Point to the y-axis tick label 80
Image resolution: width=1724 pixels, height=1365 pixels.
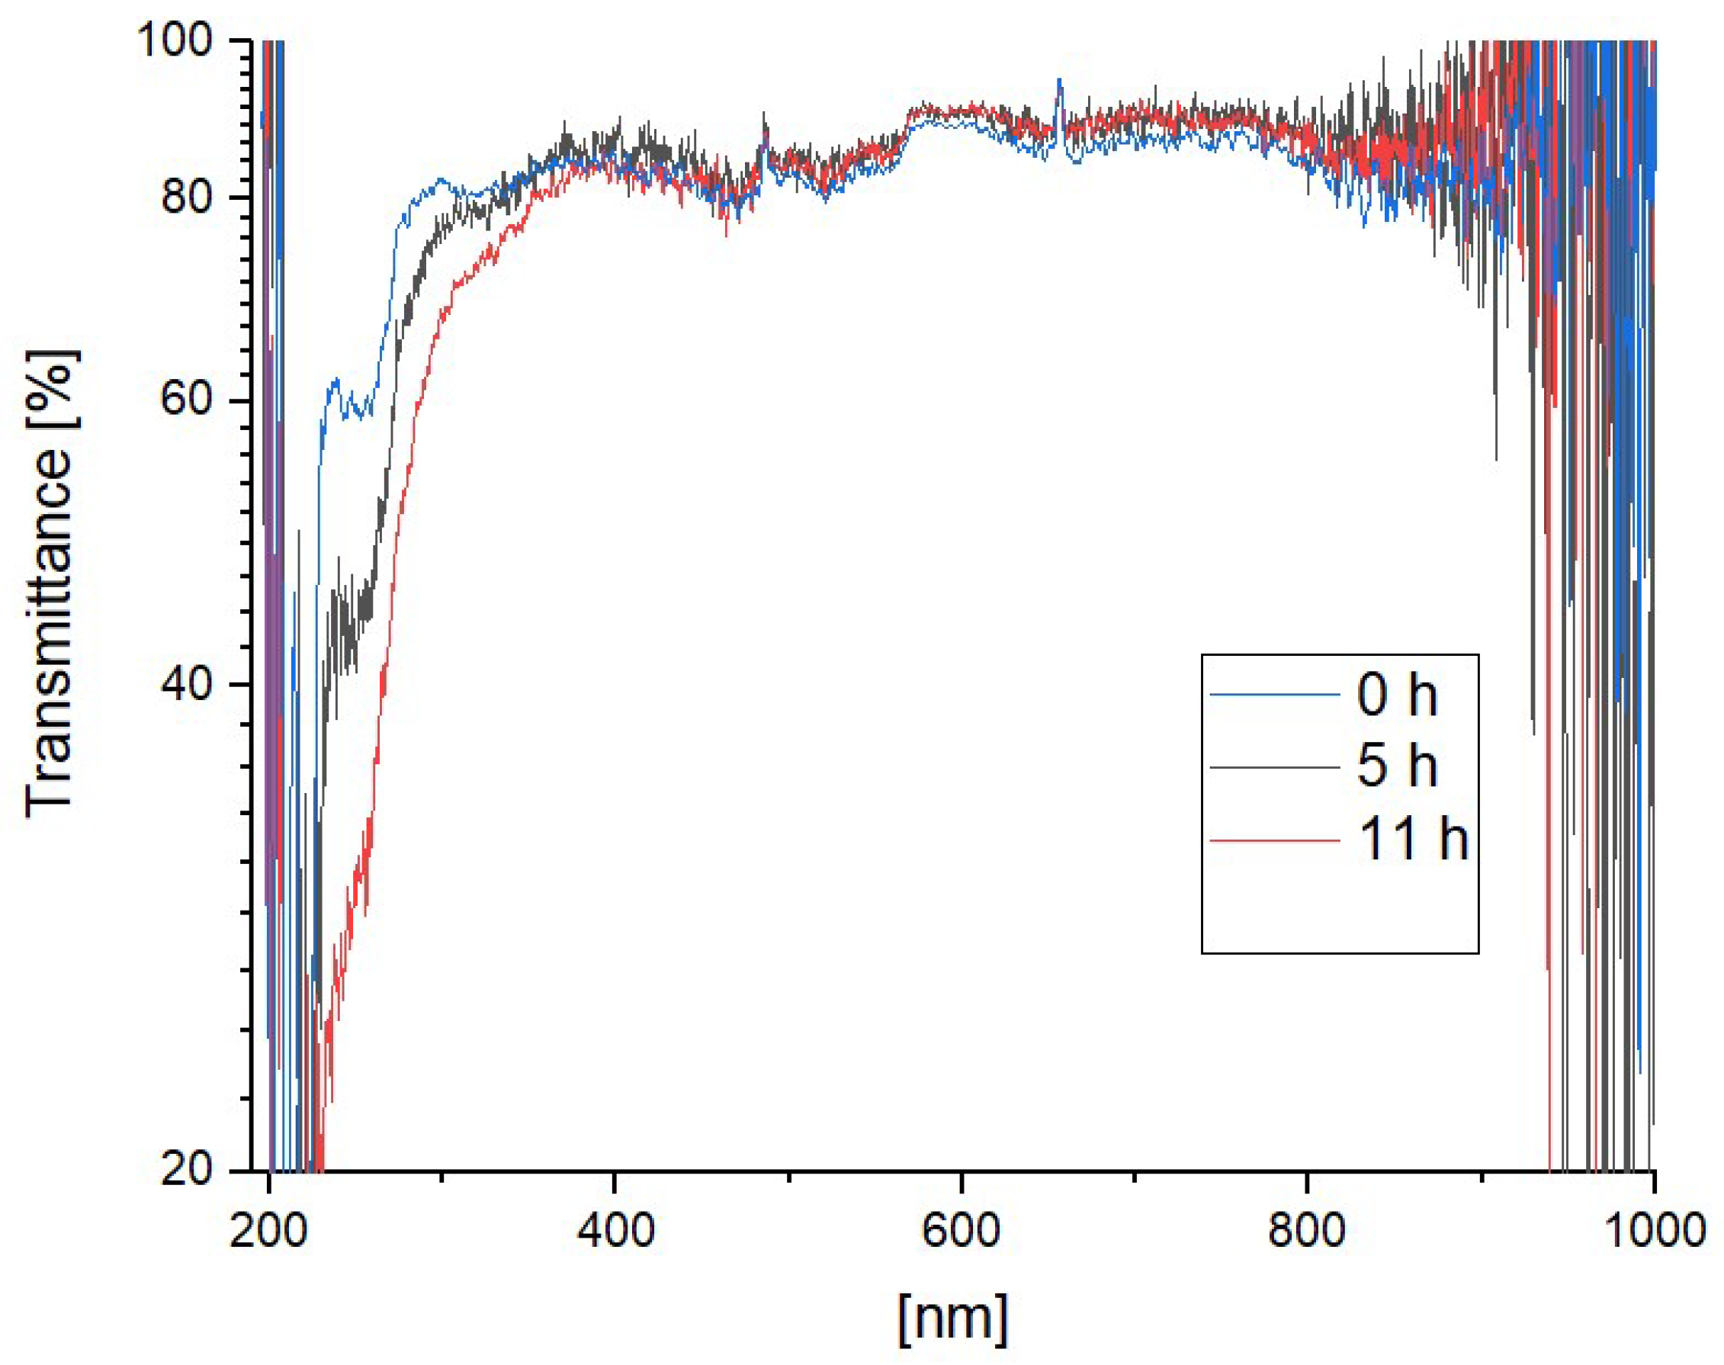(x=187, y=197)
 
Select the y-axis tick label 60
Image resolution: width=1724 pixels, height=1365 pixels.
(x=187, y=398)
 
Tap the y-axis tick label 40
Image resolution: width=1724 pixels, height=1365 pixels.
(x=187, y=684)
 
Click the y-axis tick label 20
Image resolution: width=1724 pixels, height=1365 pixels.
(x=187, y=1170)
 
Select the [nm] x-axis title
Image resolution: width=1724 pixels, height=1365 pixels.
(x=952, y=1318)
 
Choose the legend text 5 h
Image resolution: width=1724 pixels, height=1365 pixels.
(x=1396, y=765)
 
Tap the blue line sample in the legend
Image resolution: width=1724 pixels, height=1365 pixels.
(x=1274, y=695)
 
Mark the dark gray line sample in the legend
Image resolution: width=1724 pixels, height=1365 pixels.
(x=1274, y=767)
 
